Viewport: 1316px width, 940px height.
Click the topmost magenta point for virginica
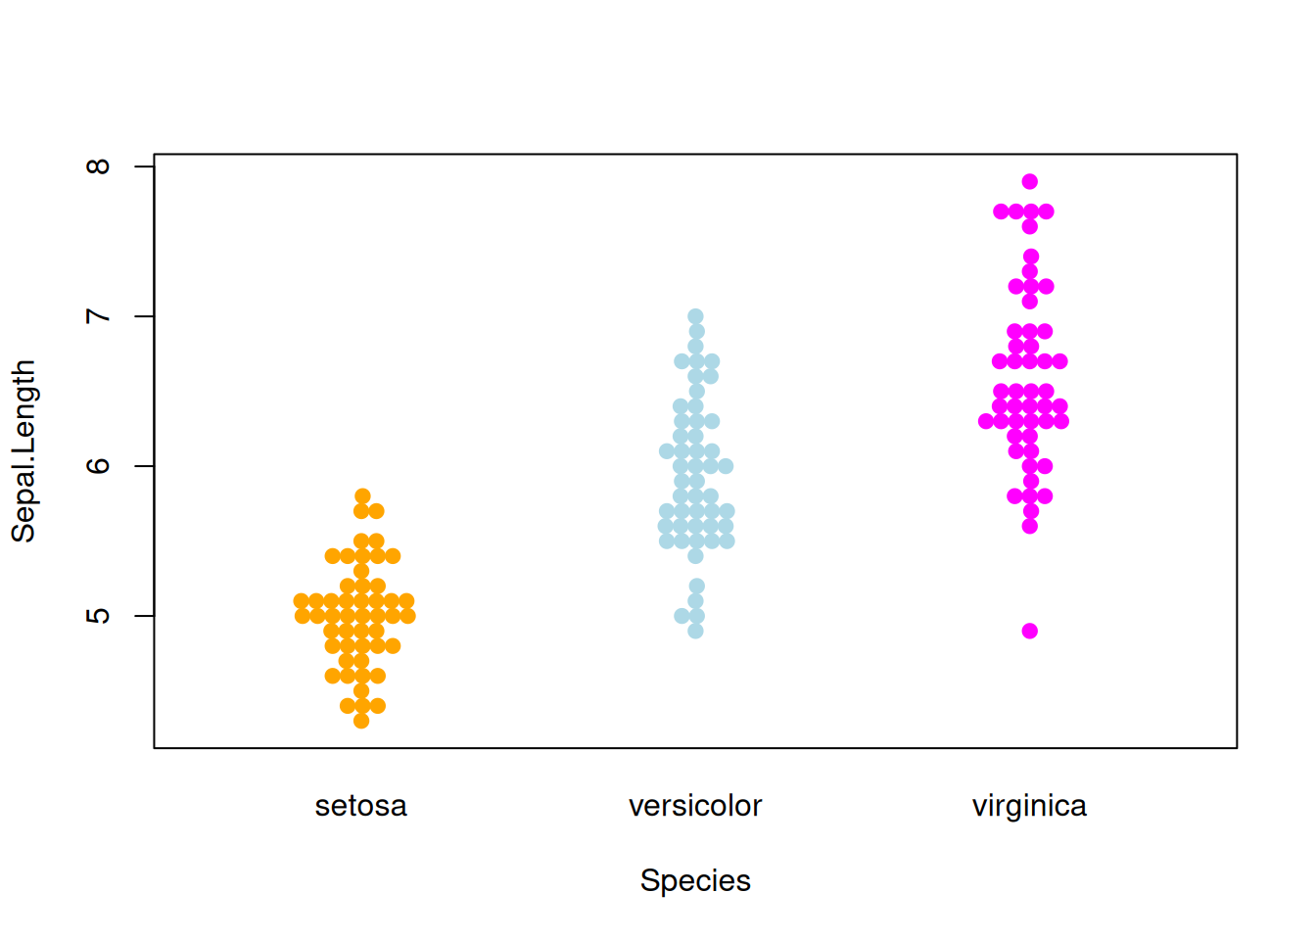point(1029,181)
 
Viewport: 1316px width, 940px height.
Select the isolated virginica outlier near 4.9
point(1029,631)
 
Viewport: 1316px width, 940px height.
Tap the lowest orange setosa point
point(361,721)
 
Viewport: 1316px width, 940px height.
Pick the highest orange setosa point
point(362,496)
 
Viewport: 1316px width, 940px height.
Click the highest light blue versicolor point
point(695,316)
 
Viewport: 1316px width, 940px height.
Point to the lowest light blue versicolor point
point(695,631)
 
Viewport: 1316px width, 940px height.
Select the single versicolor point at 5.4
point(695,556)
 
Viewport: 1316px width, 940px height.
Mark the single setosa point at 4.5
point(361,690)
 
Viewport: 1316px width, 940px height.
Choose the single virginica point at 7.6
point(1029,226)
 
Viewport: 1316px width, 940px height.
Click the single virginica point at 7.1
point(1029,302)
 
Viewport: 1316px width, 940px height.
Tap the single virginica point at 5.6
point(1029,526)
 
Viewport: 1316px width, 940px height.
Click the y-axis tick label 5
point(98,616)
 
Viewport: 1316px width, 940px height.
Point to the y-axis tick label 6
point(98,466)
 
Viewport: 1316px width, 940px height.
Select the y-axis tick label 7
point(98,316)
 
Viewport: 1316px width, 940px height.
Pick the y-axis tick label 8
point(98,166)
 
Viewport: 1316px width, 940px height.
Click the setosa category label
point(360,806)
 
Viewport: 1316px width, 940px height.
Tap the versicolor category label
point(695,806)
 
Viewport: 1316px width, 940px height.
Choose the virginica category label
point(1029,806)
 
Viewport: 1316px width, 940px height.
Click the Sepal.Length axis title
point(23,450)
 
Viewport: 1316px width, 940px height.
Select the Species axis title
point(695,880)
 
